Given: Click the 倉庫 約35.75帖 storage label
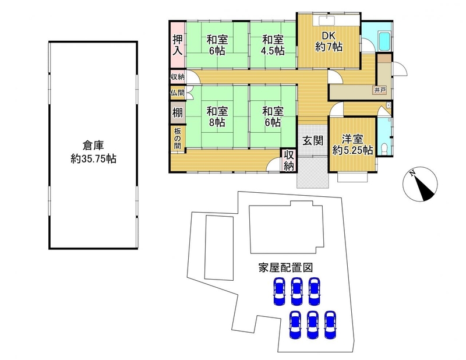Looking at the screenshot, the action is (x=93, y=152).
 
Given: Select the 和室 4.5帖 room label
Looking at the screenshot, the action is (x=273, y=45).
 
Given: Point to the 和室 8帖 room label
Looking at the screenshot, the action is (x=217, y=117).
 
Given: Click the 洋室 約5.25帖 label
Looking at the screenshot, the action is (x=352, y=145).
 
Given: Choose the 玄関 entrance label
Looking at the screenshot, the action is (x=313, y=140).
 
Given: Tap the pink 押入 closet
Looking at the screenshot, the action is (x=178, y=44).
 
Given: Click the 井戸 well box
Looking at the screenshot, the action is (x=380, y=90).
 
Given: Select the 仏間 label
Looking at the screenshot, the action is (x=177, y=93).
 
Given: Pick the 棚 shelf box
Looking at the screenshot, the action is (x=178, y=112).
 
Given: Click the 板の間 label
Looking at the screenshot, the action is (x=178, y=138).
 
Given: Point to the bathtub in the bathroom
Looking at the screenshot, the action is (x=384, y=41).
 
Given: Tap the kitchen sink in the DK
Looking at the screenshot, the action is (x=327, y=21).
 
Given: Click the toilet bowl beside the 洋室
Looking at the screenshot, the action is (x=384, y=149).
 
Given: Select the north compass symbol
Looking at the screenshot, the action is (x=420, y=184).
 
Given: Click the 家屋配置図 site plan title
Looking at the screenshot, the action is (x=285, y=267).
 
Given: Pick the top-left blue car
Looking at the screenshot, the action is (x=279, y=292).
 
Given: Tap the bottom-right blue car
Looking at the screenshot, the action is (x=330, y=325).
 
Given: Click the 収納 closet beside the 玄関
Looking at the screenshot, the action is (x=288, y=161).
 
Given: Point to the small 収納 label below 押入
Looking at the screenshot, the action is (x=178, y=77).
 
